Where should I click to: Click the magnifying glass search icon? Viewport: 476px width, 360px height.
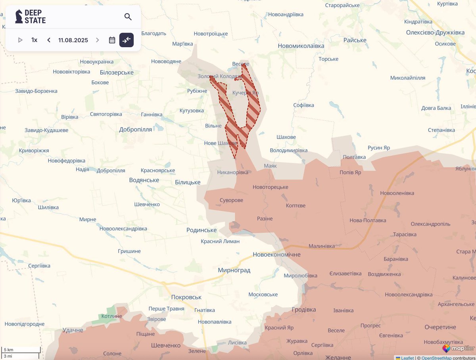(128, 17)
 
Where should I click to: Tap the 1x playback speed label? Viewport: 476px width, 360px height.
(35, 40)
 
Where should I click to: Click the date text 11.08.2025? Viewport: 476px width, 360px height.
(73, 40)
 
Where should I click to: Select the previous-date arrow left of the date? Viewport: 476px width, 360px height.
(49, 40)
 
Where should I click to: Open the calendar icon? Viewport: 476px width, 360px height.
(112, 40)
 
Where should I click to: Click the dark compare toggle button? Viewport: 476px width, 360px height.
(127, 40)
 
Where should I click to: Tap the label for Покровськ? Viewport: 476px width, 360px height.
(186, 297)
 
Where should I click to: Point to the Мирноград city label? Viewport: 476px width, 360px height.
(234, 270)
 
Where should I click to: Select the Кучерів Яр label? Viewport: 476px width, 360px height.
(245, 92)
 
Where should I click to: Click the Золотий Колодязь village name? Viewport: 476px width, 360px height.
(220, 76)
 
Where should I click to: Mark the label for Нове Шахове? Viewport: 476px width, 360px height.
(220, 143)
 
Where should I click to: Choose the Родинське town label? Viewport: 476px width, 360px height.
(202, 230)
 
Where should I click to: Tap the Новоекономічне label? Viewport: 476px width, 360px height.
(276, 255)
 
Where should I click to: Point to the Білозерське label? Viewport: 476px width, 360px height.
(117, 72)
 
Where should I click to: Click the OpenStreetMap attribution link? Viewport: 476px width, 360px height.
(436, 358)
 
